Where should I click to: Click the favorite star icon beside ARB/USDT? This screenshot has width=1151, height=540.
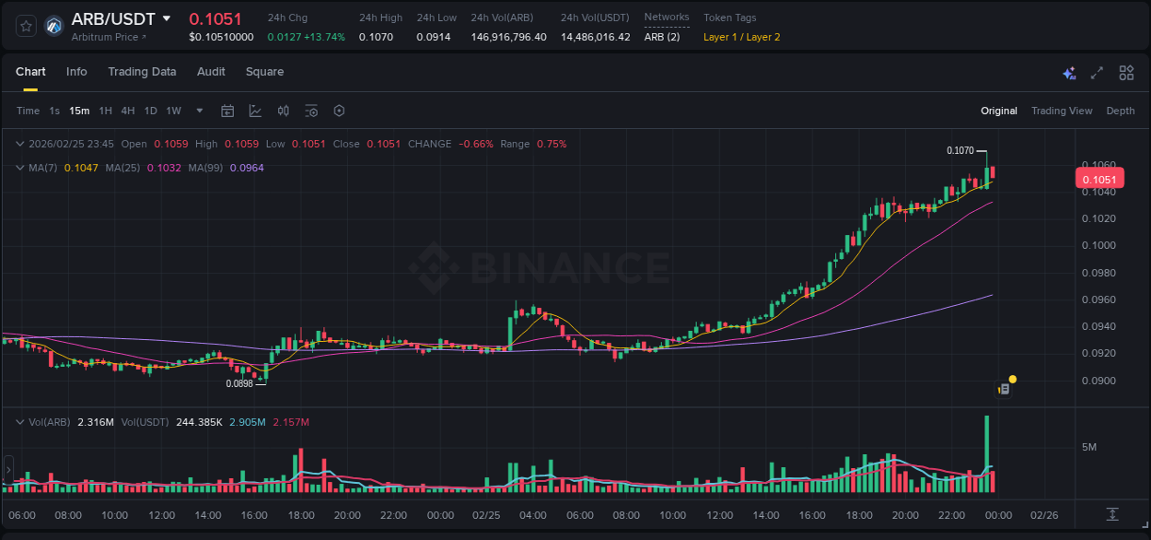pos(26,26)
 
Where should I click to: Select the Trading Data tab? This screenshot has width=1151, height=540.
pos(142,72)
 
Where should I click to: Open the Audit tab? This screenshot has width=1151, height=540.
pos(211,72)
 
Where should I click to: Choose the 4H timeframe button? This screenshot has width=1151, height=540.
pos(127,111)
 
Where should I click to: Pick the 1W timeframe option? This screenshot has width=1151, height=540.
pos(173,111)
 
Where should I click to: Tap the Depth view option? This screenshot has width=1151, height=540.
pos(1120,111)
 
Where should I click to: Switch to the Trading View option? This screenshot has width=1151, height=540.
pos(1061,111)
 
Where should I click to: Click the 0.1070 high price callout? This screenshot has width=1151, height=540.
pos(959,150)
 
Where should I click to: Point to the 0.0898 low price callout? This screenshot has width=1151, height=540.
pos(239,383)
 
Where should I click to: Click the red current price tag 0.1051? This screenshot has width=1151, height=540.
pos(1099,180)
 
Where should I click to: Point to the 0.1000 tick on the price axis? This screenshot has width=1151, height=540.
pos(1099,245)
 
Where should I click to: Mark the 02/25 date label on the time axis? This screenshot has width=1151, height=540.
pos(486,515)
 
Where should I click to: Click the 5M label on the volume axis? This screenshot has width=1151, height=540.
pos(1088,447)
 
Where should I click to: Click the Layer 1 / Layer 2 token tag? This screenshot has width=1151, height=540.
pos(741,37)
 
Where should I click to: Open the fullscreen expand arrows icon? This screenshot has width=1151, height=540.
pos(1097,73)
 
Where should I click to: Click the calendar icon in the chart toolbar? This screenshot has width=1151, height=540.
pos(227,111)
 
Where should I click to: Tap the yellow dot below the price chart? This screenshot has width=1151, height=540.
pos(1013,379)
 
